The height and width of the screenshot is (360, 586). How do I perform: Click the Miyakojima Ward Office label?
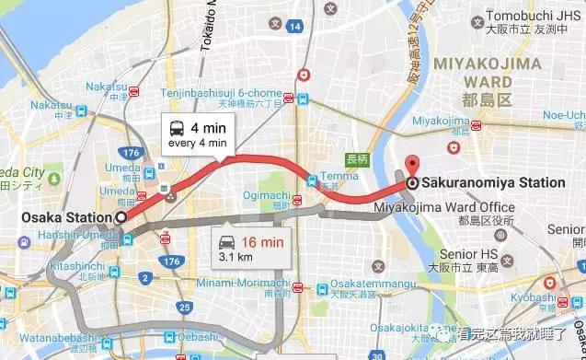[x=458, y=207]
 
